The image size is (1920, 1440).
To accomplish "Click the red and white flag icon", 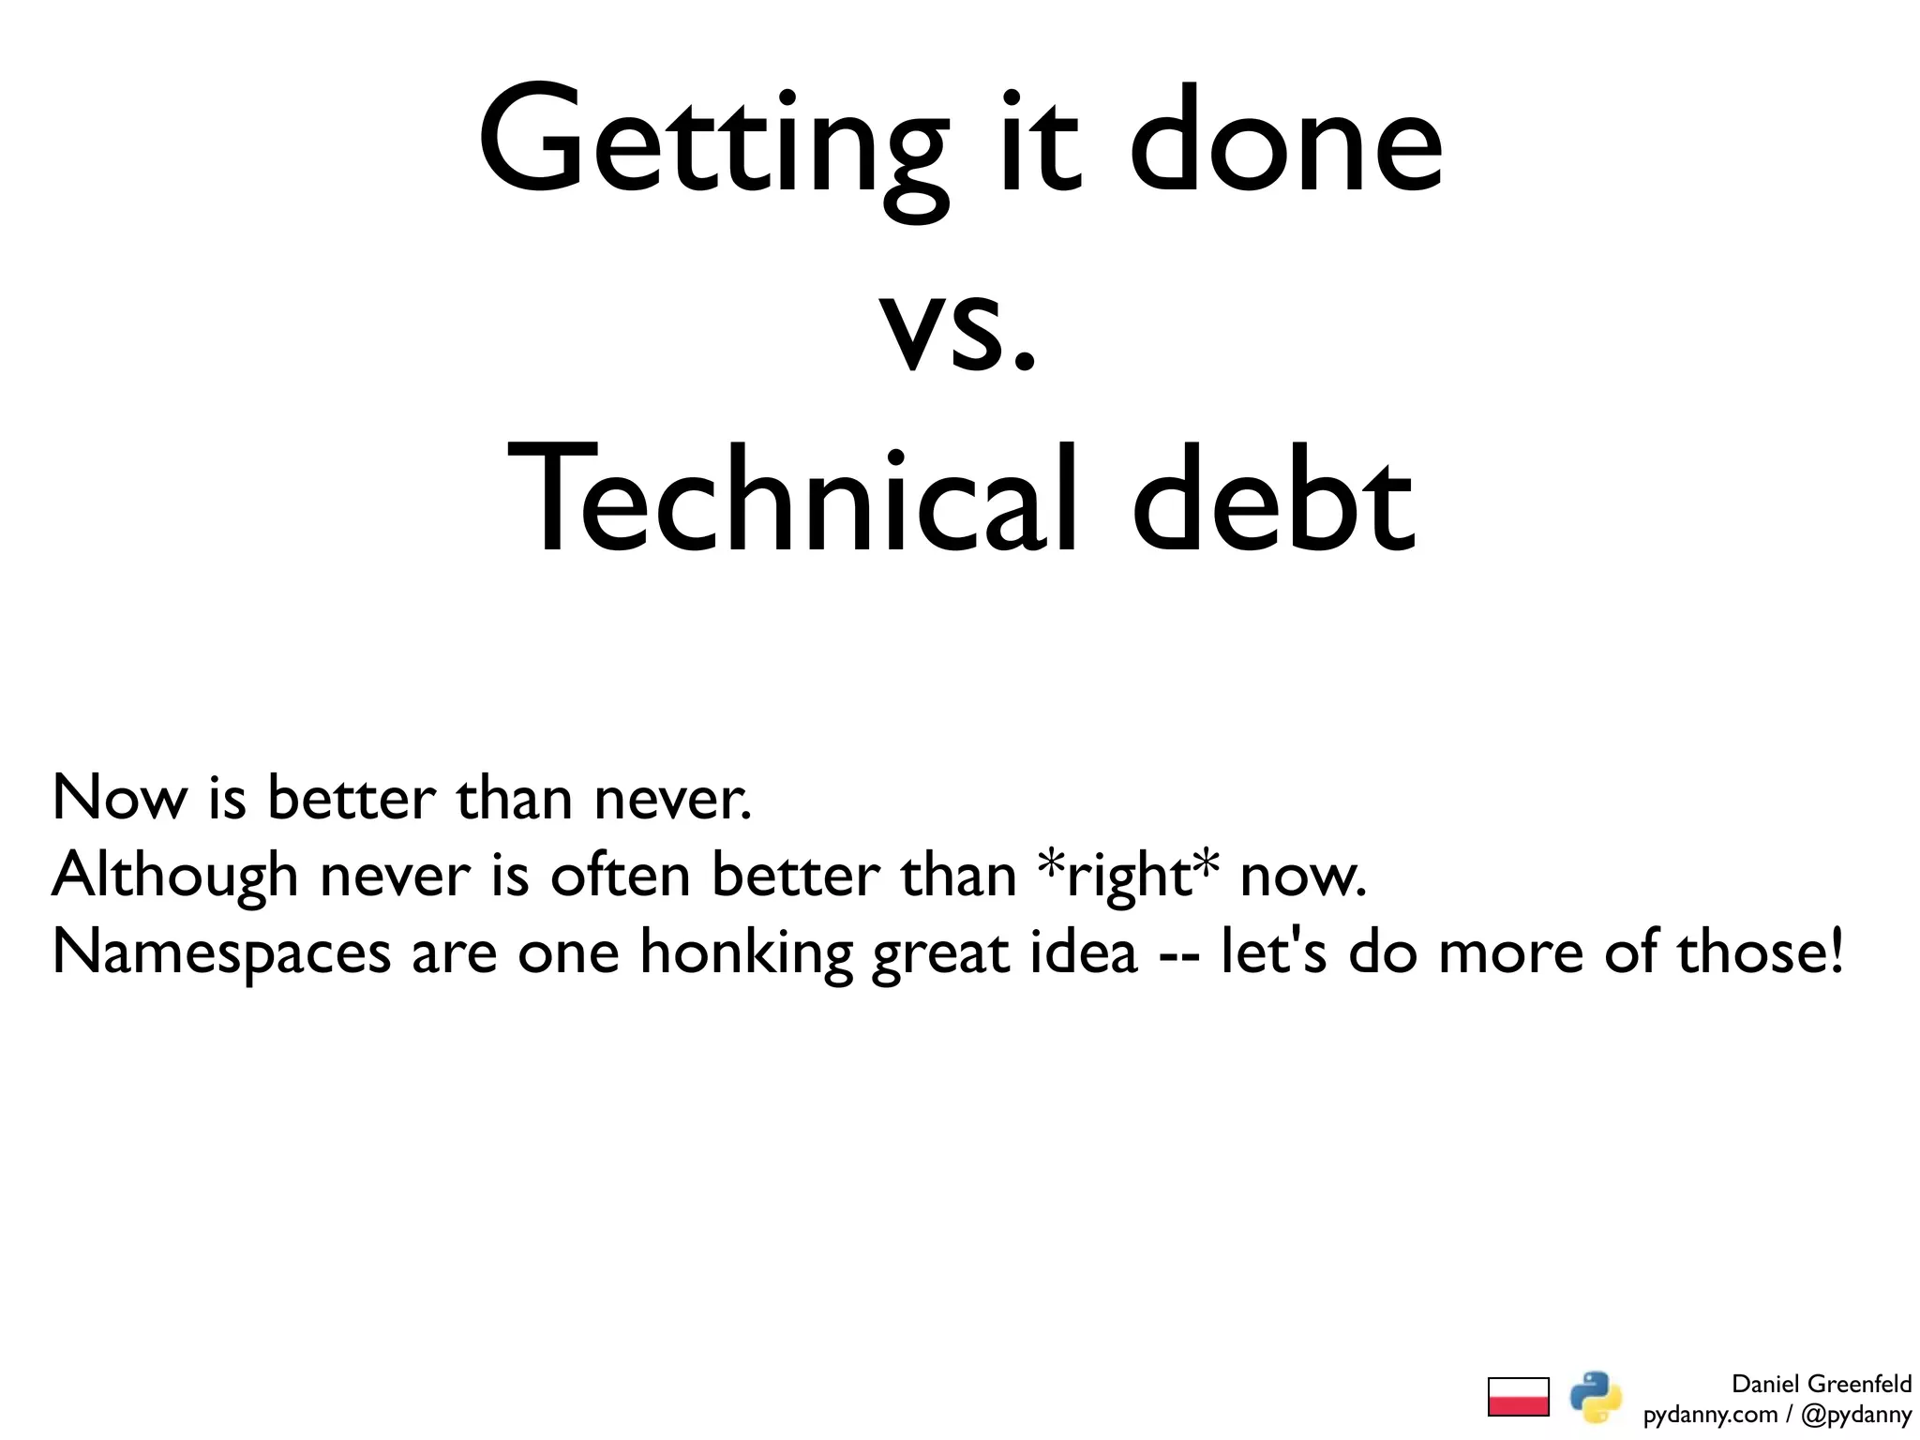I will [1518, 1397].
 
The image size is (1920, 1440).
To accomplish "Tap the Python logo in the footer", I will [1596, 1397].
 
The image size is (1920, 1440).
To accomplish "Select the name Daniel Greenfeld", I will [1821, 1384].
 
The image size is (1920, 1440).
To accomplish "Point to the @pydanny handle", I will [1855, 1415].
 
